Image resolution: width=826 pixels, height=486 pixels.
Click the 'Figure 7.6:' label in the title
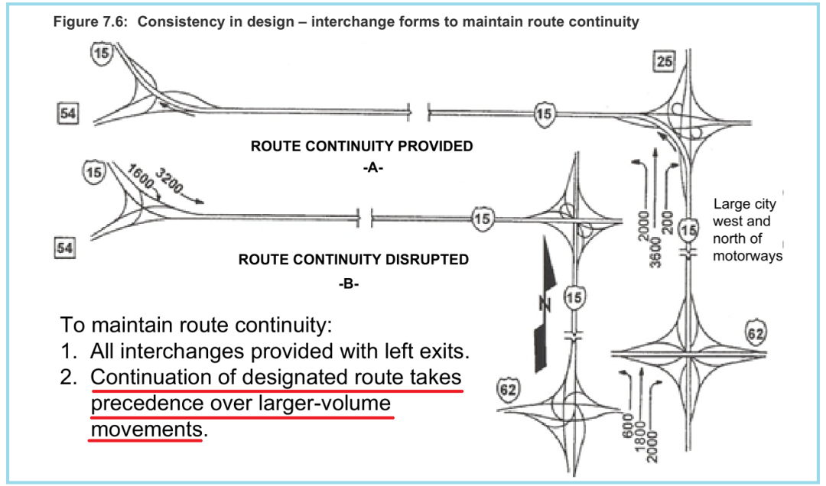tap(90, 22)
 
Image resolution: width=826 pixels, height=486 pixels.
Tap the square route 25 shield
tap(665, 62)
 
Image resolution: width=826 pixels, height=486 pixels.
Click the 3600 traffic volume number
tap(655, 251)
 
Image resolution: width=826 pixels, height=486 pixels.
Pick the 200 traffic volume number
tap(668, 222)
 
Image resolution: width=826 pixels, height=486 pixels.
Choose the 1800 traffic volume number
tap(639, 436)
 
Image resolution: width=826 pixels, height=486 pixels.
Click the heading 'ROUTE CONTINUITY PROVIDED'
tap(361, 146)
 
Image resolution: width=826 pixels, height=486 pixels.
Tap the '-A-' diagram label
tap(372, 168)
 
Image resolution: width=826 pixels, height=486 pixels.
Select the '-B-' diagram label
tap(349, 283)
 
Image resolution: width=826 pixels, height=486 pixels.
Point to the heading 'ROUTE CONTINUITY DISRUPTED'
tap(353, 260)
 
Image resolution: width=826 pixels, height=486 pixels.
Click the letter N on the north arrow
tap(545, 304)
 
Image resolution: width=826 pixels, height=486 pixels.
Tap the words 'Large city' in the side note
tap(744, 204)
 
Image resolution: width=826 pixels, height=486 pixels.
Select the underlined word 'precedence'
tap(147, 404)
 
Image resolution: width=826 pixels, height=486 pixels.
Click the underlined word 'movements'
tap(146, 429)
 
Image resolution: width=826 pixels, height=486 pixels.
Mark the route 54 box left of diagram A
tap(67, 114)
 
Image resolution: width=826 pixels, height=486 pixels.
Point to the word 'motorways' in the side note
tap(747, 257)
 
